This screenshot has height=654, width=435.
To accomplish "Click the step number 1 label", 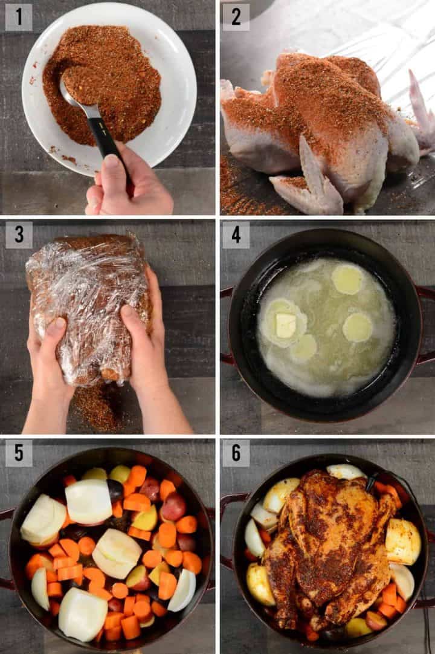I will [x=19, y=17].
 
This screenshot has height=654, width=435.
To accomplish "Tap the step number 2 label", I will [x=236, y=17].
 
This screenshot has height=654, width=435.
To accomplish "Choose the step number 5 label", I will [x=19, y=453].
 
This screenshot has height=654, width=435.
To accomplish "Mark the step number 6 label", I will [x=236, y=453].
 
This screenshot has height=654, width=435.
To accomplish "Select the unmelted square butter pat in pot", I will [x=285, y=325].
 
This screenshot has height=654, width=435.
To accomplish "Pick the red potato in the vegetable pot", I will [x=173, y=507].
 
